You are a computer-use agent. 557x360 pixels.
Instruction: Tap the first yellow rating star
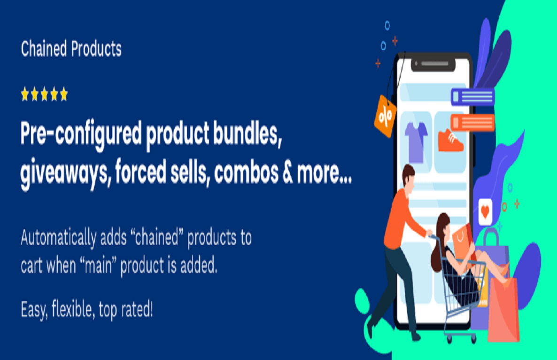pyautogui.click(x=25, y=95)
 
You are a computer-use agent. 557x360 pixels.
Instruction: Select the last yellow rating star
pyautogui.click(x=63, y=95)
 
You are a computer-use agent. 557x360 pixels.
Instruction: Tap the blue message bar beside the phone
pyautogui.click(x=472, y=96)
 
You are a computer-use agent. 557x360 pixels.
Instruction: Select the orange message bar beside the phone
pyautogui.click(x=472, y=122)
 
